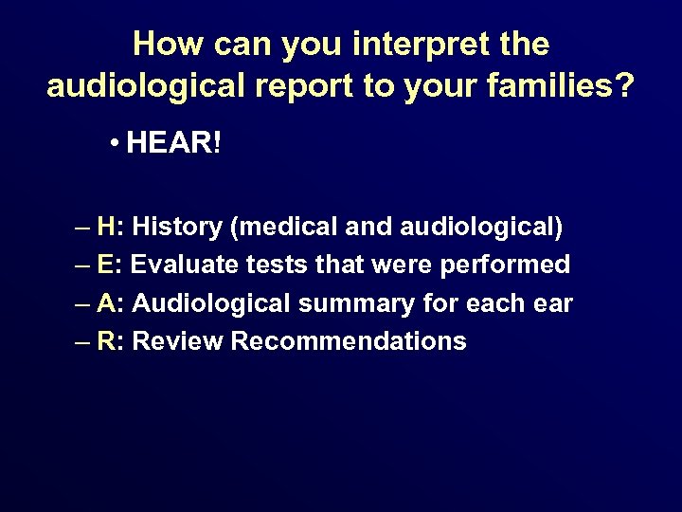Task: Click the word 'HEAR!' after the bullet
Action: [x=174, y=144]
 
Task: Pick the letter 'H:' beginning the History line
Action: [x=110, y=228]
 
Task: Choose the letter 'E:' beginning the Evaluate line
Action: [x=110, y=265]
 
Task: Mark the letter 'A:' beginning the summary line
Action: [x=110, y=303]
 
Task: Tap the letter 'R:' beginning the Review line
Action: [x=111, y=341]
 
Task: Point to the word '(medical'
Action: [x=278, y=228]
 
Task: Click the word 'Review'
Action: [x=177, y=341]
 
